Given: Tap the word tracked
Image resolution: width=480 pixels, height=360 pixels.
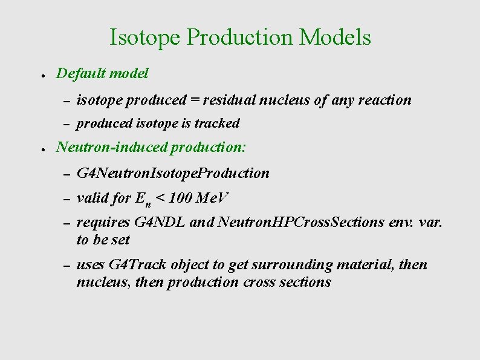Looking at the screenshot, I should pos(217,123).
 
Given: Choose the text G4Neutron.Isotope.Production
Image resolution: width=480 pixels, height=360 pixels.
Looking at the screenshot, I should pos(173,174).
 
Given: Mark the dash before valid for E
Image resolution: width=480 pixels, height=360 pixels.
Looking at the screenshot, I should pos(67,199).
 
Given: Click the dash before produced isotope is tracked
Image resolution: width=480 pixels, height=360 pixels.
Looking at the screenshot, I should pos(67,124).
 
